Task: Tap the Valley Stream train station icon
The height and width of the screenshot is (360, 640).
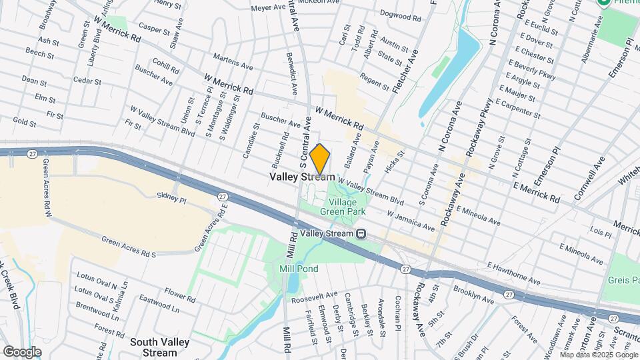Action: tap(361, 233)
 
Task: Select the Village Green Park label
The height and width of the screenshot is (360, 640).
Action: tap(343, 207)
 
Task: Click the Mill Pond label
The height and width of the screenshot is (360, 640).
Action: tap(298, 269)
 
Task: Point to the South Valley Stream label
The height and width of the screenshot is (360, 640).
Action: tap(160, 347)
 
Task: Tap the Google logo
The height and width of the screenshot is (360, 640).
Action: tap(22, 351)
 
